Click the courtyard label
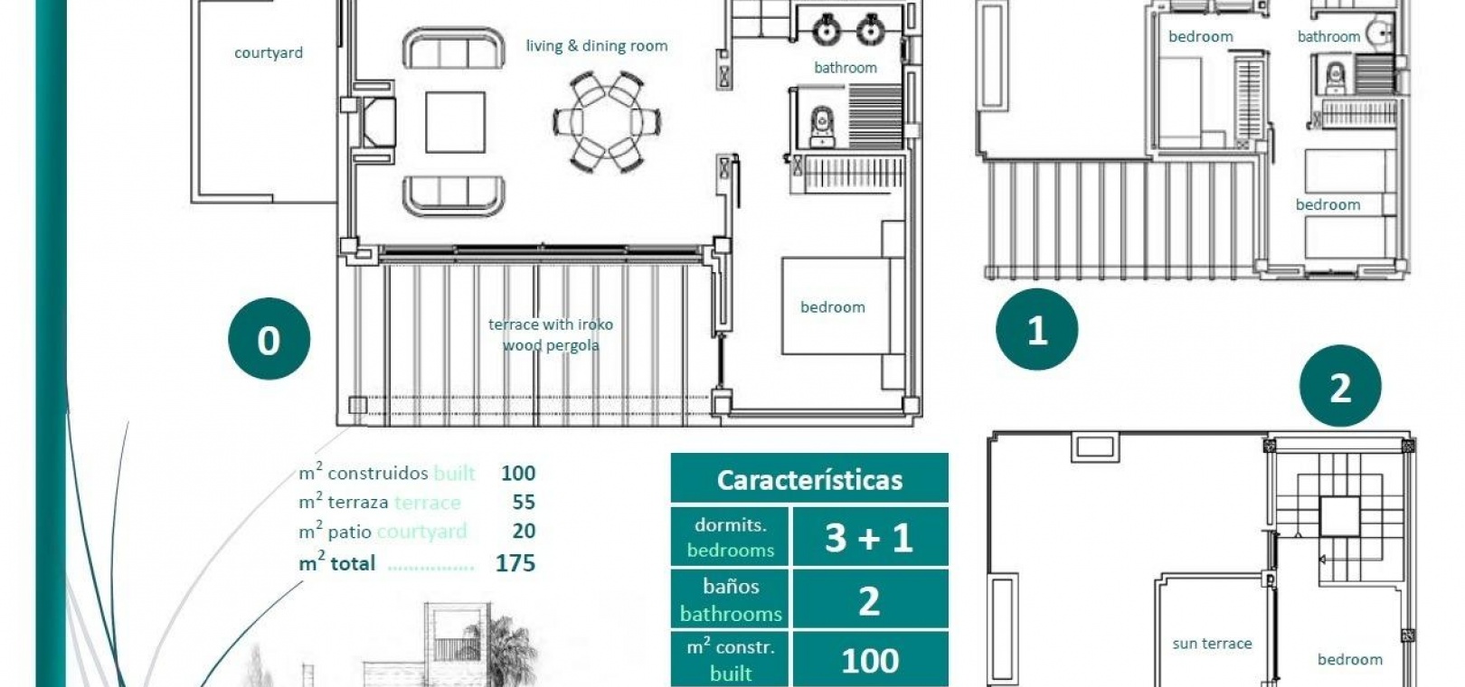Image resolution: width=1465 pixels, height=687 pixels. tap(269, 52)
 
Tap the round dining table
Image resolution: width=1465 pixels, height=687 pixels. tap(607, 122)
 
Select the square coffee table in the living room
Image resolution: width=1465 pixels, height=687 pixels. tap(455, 122)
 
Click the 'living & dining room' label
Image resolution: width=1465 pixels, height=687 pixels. tap(597, 46)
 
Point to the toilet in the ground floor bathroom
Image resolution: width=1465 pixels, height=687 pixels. tap(821, 127)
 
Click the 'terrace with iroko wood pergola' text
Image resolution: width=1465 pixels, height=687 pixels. tap(551, 334)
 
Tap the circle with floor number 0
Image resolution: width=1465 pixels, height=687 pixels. tap(269, 339)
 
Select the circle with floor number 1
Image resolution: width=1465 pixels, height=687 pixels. tap(1036, 329)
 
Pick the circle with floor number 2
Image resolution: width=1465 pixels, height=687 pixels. tap(1340, 386)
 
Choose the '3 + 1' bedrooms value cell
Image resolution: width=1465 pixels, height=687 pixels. tap(871, 537)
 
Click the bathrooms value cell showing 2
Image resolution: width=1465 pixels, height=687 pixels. tap(871, 598)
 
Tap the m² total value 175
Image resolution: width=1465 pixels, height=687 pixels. tap(515, 563)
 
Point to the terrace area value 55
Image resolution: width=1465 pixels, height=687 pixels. tap(524, 502)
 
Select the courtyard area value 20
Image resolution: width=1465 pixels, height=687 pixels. tap(524, 531)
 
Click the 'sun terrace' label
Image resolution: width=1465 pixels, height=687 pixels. tap(1212, 644)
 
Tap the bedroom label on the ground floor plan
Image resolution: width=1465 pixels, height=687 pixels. tap(833, 307)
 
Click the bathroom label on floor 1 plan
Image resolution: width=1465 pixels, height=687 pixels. tap(1328, 36)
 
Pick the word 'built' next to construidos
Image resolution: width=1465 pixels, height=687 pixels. tap(454, 473)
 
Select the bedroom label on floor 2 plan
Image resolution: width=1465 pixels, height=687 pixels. tap(1350, 660)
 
